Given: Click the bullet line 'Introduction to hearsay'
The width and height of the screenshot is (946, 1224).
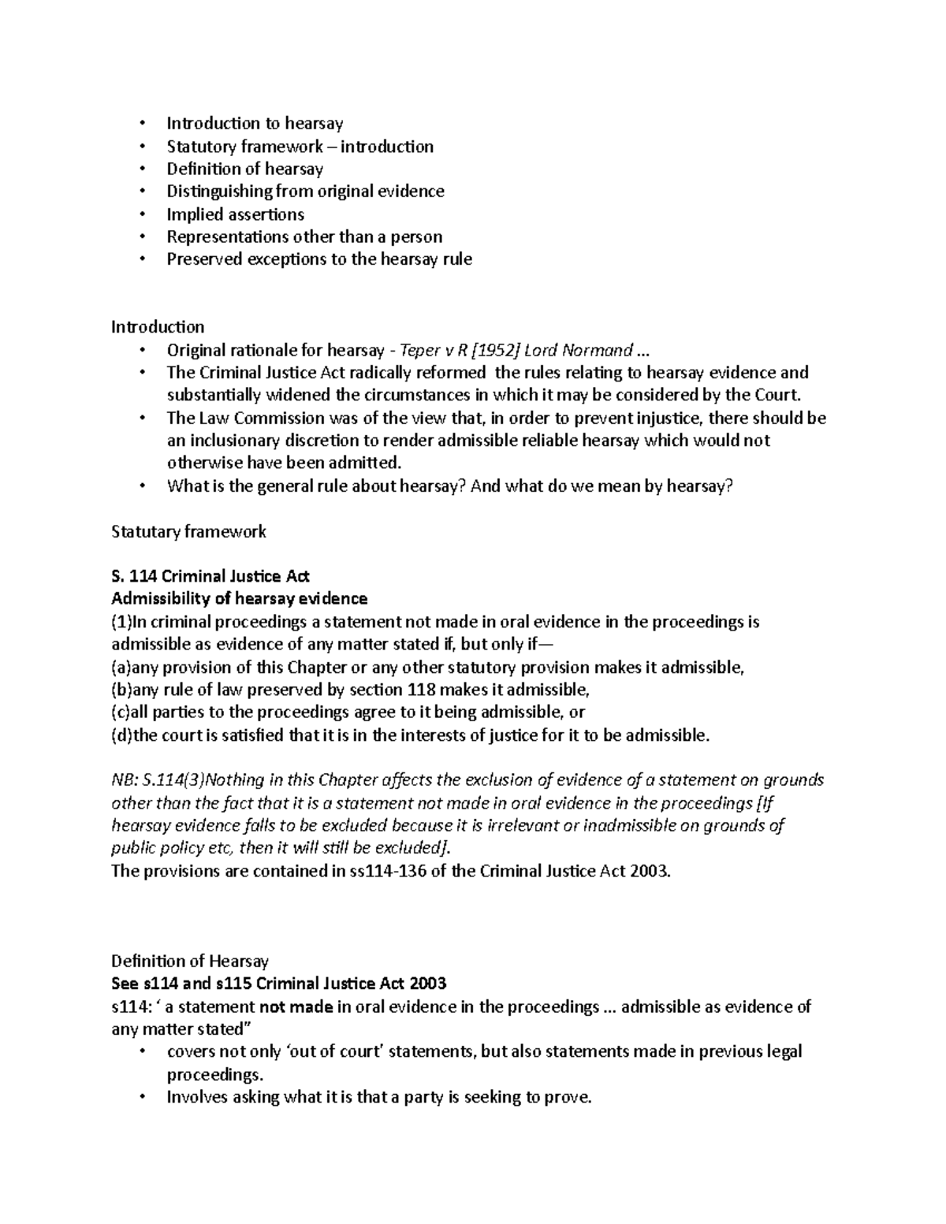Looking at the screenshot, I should click(x=255, y=123).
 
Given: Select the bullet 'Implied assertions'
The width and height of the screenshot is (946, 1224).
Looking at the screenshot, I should click(x=235, y=214).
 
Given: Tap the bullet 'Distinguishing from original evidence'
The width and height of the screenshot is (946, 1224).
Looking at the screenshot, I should click(x=305, y=192).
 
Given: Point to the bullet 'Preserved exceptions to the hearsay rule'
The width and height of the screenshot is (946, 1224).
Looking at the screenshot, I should click(x=319, y=259).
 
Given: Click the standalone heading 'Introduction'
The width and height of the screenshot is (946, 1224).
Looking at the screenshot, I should click(x=158, y=327).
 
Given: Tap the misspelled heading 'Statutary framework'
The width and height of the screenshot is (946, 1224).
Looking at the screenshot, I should click(x=188, y=532).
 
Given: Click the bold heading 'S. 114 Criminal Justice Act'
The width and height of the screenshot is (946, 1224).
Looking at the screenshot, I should click(x=210, y=577).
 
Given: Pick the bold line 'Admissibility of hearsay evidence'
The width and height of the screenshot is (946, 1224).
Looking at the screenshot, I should click(x=239, y=600).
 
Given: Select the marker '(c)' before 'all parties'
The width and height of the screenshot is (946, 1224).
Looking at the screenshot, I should click(x=120, y=713).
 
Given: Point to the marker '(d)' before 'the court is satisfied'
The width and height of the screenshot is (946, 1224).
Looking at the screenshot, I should click(x=121, y=736).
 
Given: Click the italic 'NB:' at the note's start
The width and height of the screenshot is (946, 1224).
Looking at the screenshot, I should click(x=124, y=781).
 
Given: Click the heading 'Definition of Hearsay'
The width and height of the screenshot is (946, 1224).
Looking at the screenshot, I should click(x=190, y=962).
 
